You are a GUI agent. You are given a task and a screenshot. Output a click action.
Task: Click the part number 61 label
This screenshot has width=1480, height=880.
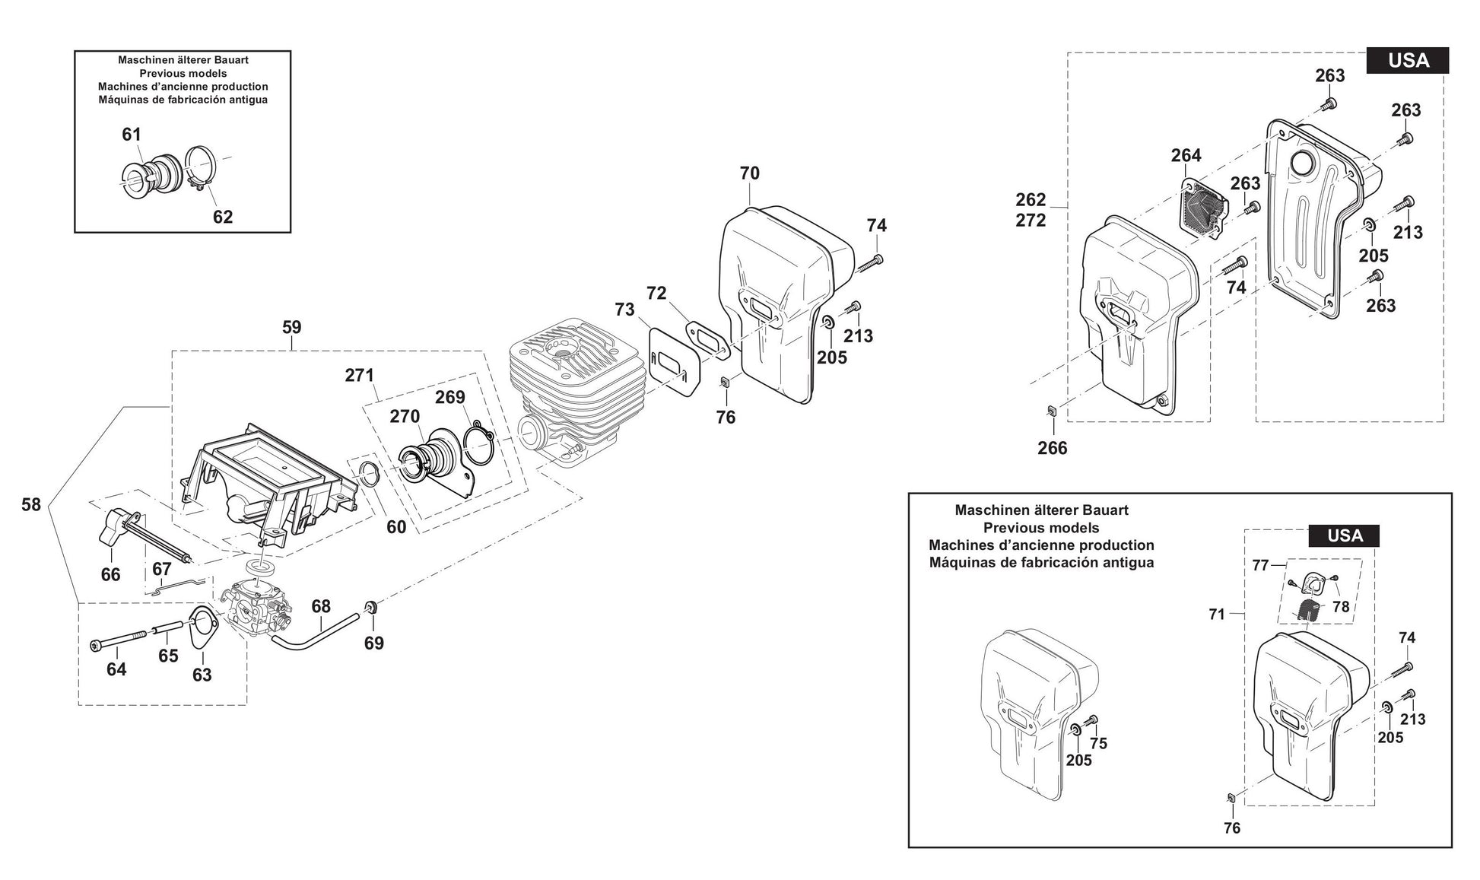[x=132, y=135]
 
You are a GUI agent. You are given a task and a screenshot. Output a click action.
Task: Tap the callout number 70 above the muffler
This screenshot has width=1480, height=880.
[x=749, y=173]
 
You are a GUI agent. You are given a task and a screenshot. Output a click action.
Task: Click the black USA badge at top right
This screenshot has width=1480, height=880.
[x=1407, y=60]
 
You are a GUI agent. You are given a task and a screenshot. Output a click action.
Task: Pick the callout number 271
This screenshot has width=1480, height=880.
[x=359, y=375]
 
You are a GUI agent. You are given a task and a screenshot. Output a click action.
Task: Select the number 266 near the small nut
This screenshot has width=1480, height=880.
[x=1052, y=448]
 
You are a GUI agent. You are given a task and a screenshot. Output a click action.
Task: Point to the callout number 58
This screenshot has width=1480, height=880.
[x=31, y=504]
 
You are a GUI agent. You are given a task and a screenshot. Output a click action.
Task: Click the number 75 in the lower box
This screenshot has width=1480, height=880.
[x=1098, y=743]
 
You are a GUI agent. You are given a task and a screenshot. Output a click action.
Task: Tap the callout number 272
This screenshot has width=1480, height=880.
[x=1031, y=221]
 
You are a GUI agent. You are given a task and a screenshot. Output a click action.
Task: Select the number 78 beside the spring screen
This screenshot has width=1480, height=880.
[x=1341, y=606]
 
